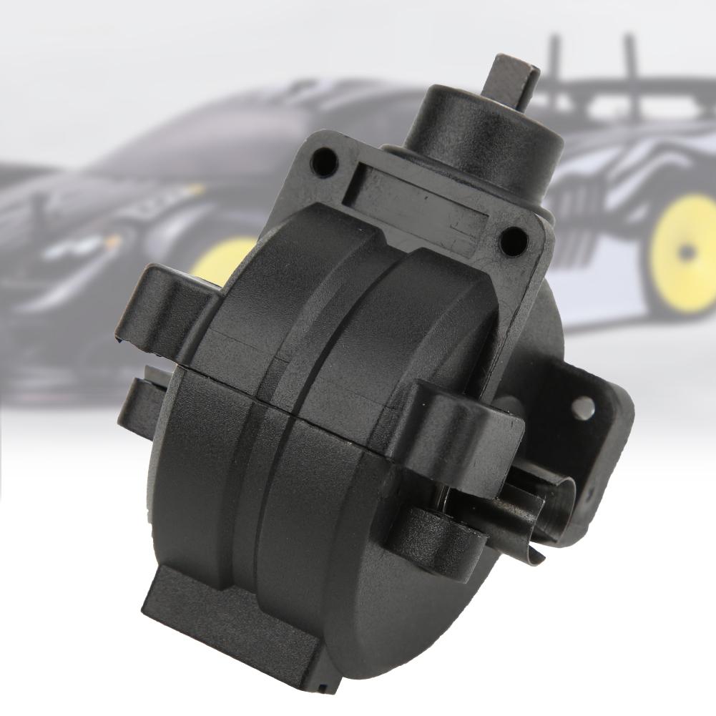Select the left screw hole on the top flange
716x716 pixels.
pyautogui.click(x=326, y=161)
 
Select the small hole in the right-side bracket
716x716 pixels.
pyautogui.click(x=583, y=408)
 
